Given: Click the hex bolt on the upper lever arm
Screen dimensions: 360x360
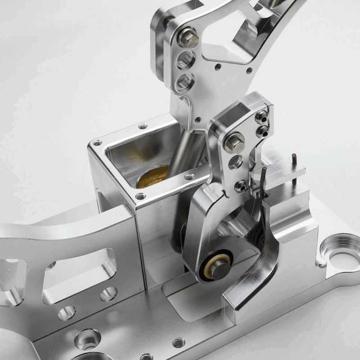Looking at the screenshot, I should (x=188, y=37).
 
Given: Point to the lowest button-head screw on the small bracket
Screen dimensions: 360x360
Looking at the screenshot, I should (x=242, y=185).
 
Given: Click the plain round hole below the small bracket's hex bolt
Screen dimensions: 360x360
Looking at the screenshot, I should (x=235, y=162).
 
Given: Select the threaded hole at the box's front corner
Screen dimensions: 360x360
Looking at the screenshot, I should (x=141, y=196).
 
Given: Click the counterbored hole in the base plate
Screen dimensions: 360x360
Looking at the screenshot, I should (x=87, y=338).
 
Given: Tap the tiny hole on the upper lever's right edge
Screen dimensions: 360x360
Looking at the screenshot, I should (x=249, y=71).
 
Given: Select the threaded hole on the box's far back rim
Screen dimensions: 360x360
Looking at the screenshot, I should (x=143, y=126).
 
